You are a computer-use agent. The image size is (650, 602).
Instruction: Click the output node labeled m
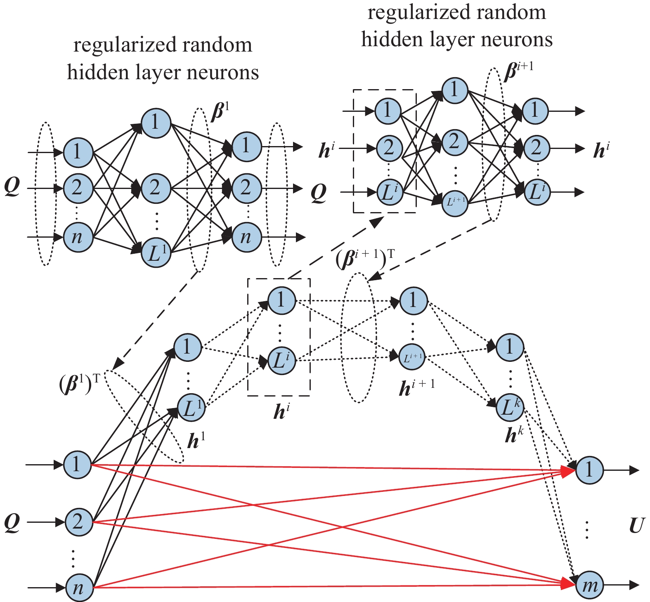pyautogui.click(x=589, y=585)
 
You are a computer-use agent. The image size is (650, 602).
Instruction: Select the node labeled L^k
pyautogui.click(x=510, y=408)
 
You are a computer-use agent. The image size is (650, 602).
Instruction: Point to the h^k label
pyautogui.click(x=514, y=434)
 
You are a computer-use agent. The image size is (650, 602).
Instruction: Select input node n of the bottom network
pyautogui.click(x=78, y=588)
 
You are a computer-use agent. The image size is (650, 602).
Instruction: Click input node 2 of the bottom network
pyautogui.click(x=78, y=522)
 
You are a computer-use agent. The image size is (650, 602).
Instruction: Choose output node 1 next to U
pyautogui.click(x=589, y=470)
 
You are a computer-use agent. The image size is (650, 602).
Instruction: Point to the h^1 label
pyautogui.click(x=196, y=441)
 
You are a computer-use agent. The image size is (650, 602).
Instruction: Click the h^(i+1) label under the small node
pyautogui.click(x=417, y=387)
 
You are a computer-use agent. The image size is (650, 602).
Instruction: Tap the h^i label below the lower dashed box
pyautogui.click(x=281, y=411)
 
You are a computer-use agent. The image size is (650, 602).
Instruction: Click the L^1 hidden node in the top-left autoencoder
pyautogui.click(x=156, y=253)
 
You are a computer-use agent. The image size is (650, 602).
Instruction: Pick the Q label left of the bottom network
pyautogui.click(x=12, y=522)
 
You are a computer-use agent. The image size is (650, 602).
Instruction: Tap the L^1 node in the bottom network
pyautogui.click(x=191, y=408)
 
